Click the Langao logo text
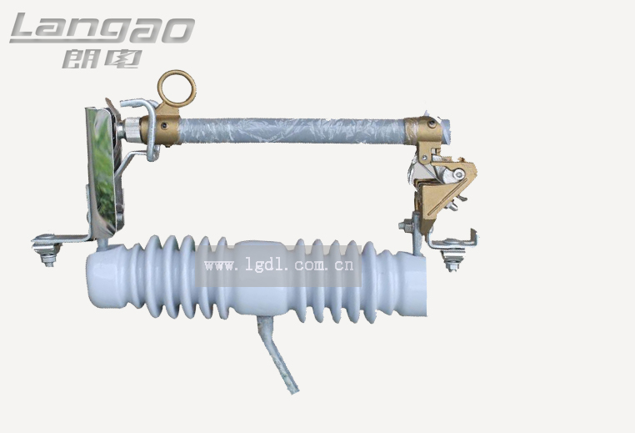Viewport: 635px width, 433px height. tap(102, 28)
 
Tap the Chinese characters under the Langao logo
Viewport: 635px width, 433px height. tap(102, 58)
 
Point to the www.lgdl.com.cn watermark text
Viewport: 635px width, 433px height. tap(279, 265)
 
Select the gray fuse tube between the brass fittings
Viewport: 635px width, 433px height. tap(292, 130)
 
